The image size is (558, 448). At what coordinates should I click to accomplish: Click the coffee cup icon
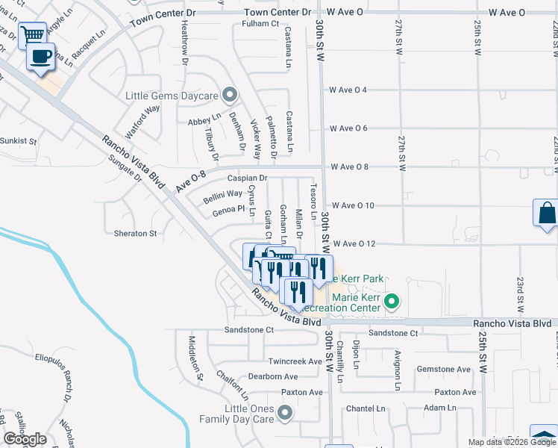point(42,55)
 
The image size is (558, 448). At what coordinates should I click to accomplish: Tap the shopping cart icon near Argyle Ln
point(32,34)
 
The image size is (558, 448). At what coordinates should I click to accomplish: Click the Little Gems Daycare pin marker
point(230,95)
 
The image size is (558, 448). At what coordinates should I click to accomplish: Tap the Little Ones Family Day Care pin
point(284,412)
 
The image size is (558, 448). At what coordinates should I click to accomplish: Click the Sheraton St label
point(135,233)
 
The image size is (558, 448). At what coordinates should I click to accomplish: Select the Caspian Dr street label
point(247,178)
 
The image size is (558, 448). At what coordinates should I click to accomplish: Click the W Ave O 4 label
point(348,90)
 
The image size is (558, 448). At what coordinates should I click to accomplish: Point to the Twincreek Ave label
point(295,361)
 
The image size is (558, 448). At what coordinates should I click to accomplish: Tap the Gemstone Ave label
point(443,369)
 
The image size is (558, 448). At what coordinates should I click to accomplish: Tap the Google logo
point(25,439)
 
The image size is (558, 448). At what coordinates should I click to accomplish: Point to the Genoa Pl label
point(228,211)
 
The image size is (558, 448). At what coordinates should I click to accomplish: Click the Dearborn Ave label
point(273,376)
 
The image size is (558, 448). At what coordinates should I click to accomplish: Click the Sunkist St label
point(19,140)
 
